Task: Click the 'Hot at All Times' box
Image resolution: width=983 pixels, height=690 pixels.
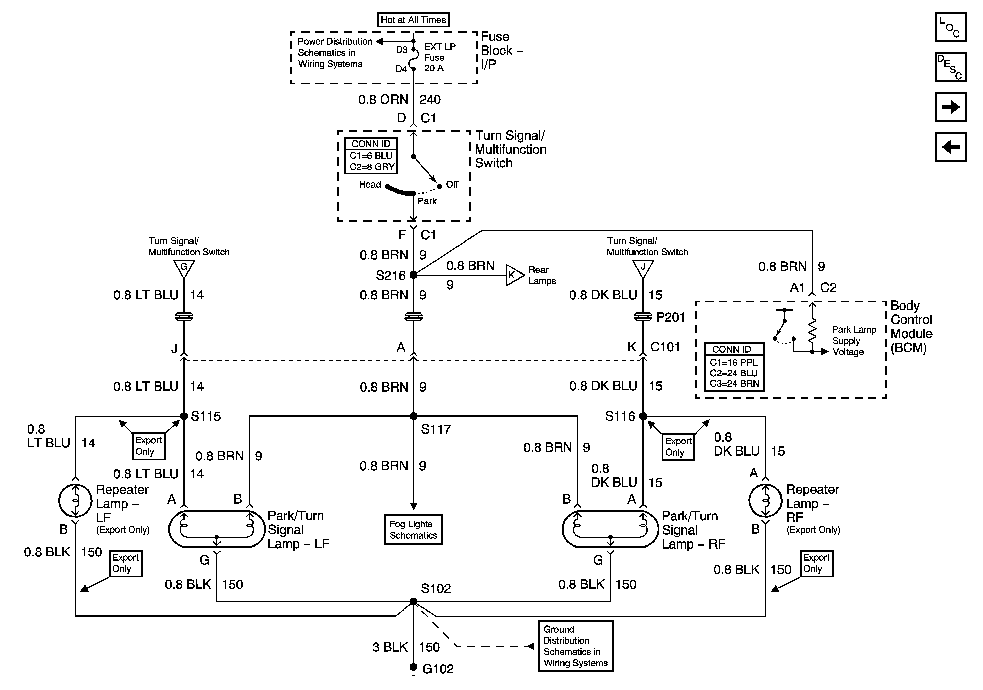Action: pos(413,20)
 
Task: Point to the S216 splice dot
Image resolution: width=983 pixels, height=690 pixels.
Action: pos(413,275)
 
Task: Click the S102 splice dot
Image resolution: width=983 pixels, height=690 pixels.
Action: pos(413,601)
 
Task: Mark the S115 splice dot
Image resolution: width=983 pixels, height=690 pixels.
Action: pos(184,416)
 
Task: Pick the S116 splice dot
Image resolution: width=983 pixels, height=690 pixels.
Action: pos(643,416)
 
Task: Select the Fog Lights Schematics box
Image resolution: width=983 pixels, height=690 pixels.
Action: pos(413,530)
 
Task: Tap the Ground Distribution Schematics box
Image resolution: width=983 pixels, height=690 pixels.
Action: pos(575,646)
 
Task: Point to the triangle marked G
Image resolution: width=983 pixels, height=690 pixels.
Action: pos(184,268)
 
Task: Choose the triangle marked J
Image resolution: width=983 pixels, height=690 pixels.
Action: pos(643,268)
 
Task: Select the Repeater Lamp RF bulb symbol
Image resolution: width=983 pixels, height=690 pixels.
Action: pos(765,500)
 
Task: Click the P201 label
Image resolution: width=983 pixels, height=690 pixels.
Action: pos(670,317)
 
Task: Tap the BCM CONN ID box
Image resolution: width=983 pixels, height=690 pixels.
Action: pos(734,367)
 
